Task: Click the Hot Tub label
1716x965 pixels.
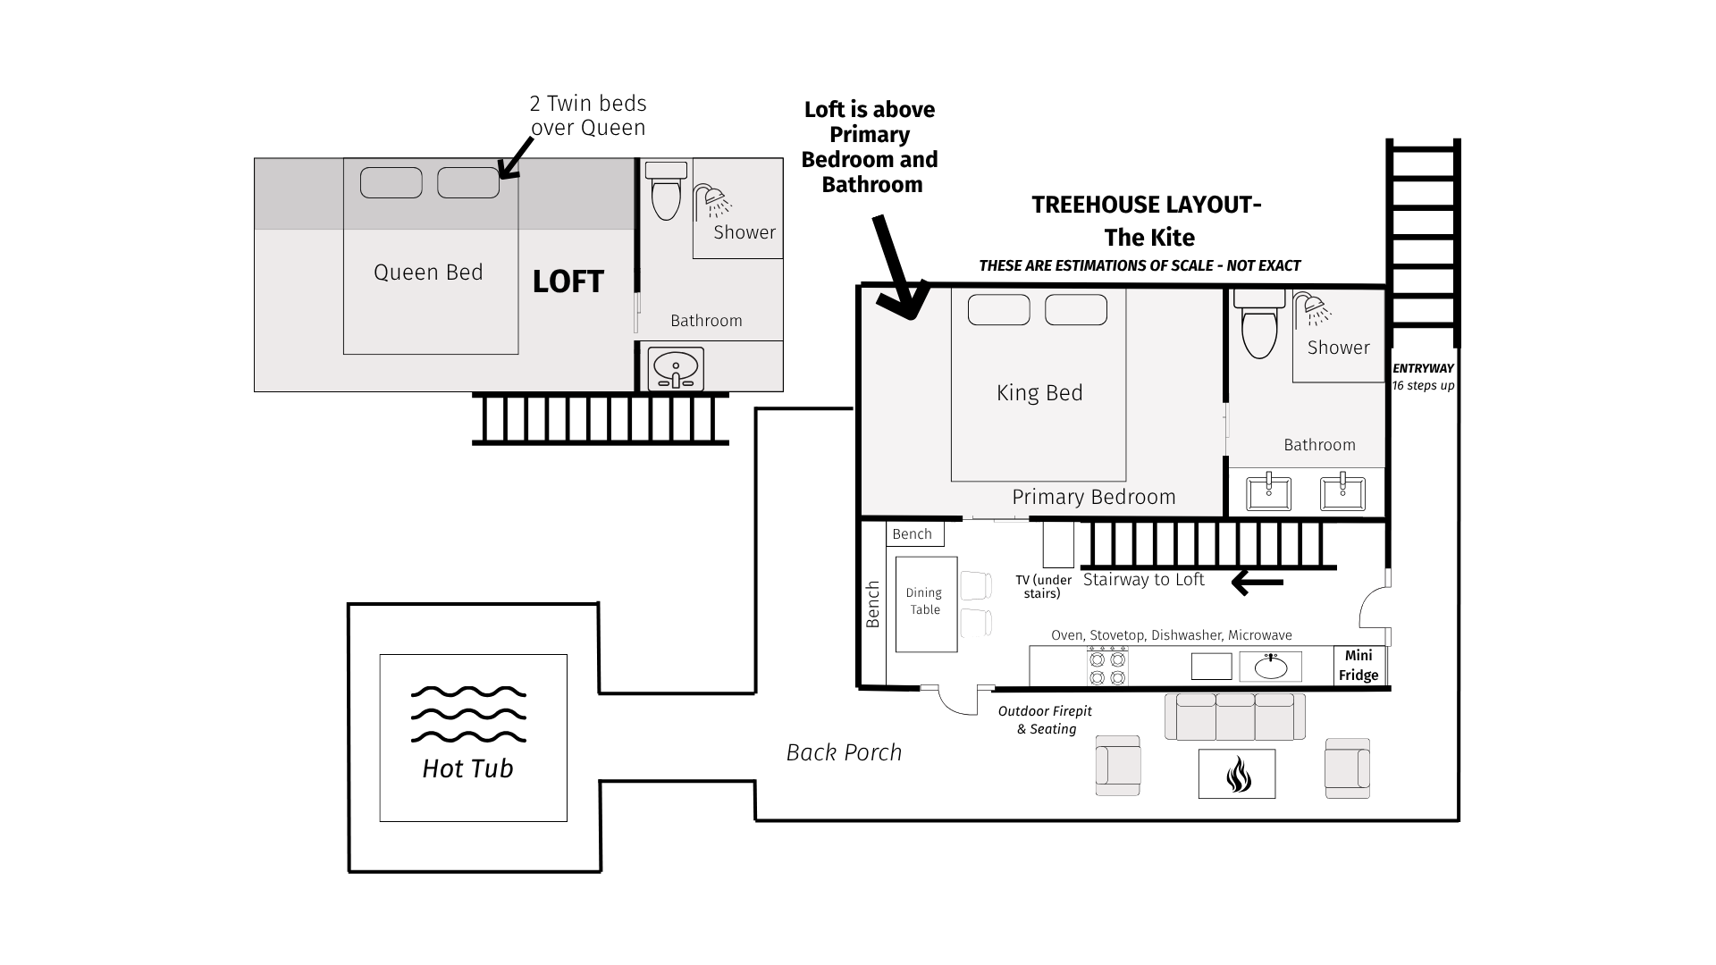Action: tap(467, 768)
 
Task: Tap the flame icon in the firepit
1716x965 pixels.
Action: tap(1237, 774)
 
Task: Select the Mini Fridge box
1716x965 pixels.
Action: tap(1358, 666)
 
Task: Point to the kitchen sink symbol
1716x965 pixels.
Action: tap(1270, 667)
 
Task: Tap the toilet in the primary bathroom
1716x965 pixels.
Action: tap(1259, 323)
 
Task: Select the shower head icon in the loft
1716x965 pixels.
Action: tap(714, 201)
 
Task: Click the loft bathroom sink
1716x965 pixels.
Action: tap(675, 369)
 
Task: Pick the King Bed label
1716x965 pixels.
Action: tap(1039, 393)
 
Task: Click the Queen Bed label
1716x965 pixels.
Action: tap(428, 273)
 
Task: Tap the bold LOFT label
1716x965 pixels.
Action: tap(568, 281)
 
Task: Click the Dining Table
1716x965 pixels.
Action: tap(926, 604)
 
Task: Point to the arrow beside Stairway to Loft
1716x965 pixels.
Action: tap(1257, 583)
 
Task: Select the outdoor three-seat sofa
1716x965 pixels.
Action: tap(1235, 717)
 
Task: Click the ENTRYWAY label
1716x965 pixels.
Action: tap(1423, 368)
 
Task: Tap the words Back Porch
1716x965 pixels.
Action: tap(844, 752)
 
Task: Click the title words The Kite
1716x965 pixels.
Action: tap(1149, 238)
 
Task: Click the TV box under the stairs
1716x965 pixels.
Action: tap(1058, 544)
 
